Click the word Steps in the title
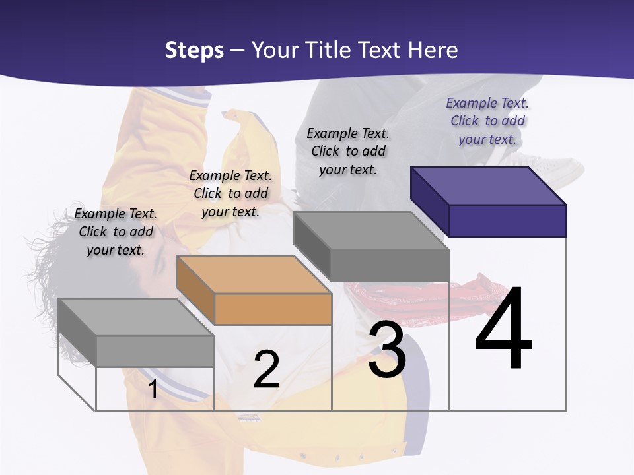[194, 50]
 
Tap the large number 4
[503, 329]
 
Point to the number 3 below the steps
[387, 350]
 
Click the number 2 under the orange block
[266, 369]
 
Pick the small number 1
[153, 390]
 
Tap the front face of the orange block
[273, 309]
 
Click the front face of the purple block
[507, 220]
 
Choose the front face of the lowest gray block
[155, 351]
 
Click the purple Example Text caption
[487, 121]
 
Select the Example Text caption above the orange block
[230, 193]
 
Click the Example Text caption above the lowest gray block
[116, 232]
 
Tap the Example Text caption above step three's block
[348, 151]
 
